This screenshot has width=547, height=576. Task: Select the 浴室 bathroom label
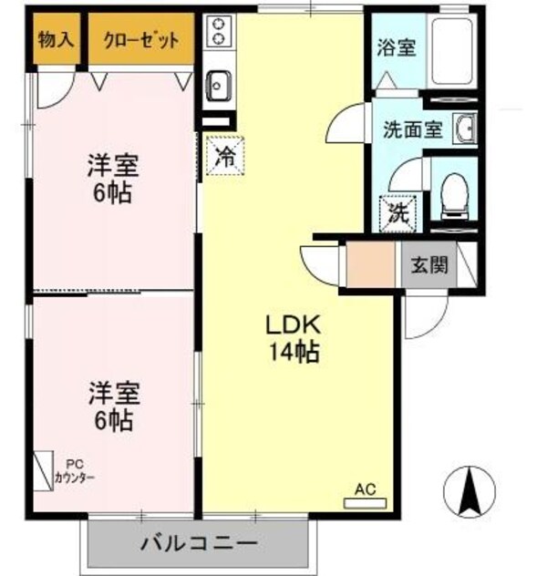397,46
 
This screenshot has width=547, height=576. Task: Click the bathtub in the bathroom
453,51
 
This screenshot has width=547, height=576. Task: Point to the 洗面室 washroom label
412,129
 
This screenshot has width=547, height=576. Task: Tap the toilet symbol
452,193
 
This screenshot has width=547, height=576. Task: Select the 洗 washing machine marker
397,215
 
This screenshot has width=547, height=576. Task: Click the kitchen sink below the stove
219,87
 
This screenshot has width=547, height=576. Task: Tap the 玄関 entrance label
428,267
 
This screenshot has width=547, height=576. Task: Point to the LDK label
292,324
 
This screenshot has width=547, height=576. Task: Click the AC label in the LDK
365,489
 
